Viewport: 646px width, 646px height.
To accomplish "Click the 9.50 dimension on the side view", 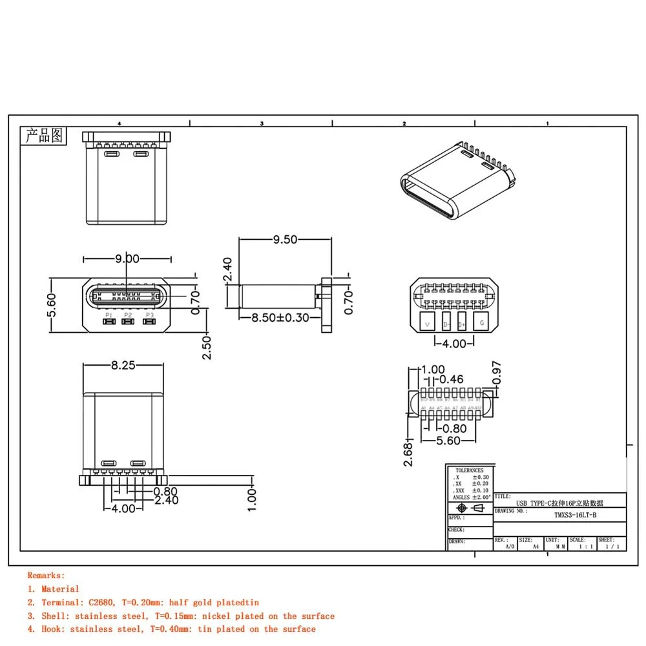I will [x=285, y=240].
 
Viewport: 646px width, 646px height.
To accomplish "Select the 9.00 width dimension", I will [x=127, y=259].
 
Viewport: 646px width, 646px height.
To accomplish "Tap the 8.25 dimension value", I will [x=123, y=366].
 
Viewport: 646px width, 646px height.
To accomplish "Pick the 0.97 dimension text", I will [x=495, y=372].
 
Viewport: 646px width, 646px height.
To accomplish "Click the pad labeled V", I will [x=426, y=322].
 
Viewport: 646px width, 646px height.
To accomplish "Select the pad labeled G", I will [x=481, y=322].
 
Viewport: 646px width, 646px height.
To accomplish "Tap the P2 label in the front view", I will [x=128, y=315].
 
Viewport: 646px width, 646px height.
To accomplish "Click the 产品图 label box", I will [x=43, y=136].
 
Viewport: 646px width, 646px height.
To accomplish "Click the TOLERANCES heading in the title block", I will [x=469, y=470].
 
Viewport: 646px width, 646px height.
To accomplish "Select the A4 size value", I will [x=536, y=547].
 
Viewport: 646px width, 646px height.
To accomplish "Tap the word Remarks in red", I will [x=46, y=575].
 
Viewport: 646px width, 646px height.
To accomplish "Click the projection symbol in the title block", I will [x=470, y=508].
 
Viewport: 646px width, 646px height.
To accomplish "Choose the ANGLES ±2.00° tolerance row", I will [x=470, y=497].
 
